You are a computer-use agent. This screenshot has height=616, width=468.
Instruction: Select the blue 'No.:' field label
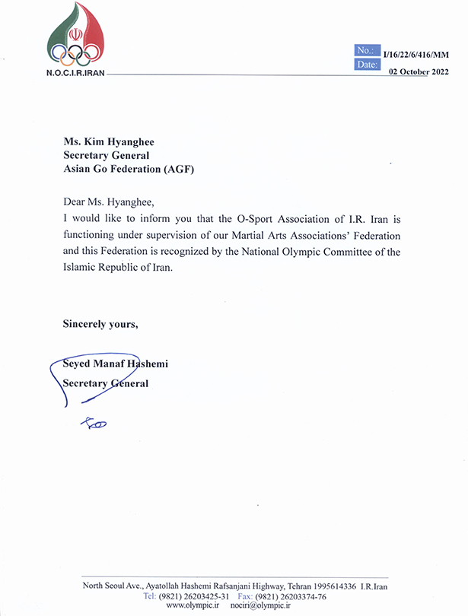coord(366,50)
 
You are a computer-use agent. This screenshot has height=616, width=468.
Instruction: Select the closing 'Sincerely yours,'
coord(100,324)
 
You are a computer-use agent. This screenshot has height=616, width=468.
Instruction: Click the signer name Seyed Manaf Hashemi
coord(116,364)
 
